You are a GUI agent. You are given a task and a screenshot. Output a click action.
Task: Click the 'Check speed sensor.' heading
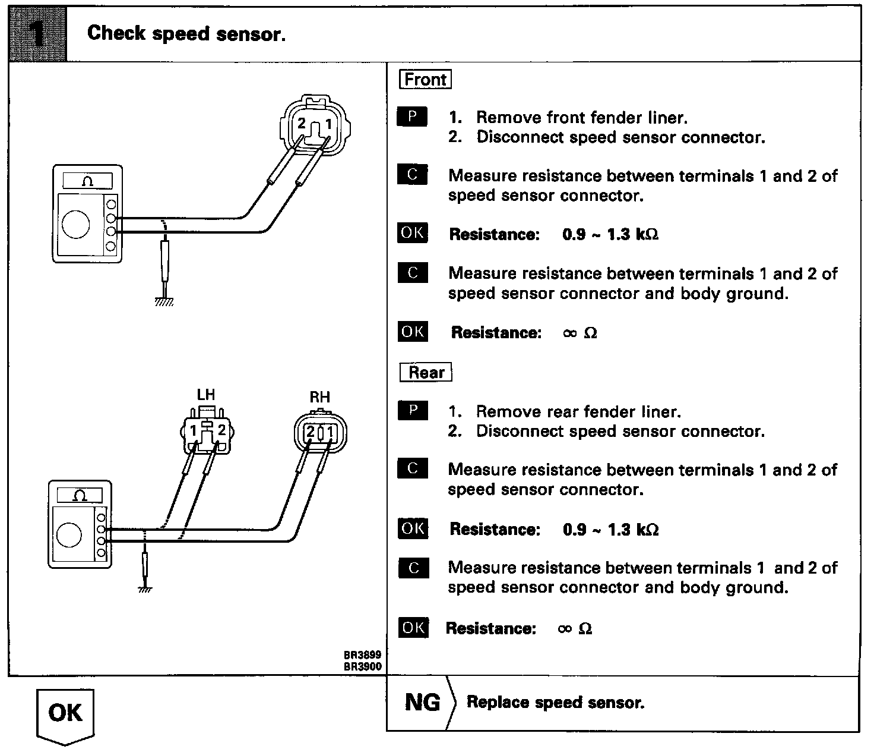pos(186,33)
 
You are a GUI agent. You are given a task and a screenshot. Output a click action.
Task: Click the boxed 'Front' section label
pos(425,80)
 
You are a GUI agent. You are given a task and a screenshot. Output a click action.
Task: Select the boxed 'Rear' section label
pos(426,373)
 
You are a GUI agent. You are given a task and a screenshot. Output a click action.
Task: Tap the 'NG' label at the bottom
pos(422,703)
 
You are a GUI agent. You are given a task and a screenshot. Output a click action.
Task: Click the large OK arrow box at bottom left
pos(65,713)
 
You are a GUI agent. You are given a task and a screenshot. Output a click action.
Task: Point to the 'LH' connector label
pos(205,395)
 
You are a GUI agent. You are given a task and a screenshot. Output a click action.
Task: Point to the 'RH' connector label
pos(320,397)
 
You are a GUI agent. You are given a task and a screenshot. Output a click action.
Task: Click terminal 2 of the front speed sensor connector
pos(302,124)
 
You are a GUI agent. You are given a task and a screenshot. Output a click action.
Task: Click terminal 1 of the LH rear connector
pos(194,430)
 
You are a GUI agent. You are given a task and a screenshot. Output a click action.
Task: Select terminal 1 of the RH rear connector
pos(330,432)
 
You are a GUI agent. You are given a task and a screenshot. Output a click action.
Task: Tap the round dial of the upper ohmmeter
pos(76,224)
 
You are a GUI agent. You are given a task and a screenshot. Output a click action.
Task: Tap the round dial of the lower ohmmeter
pos(69,534)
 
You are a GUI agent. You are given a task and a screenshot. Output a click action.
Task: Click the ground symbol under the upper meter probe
pos(164,301)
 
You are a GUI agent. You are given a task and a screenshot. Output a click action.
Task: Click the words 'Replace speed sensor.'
pos(555,703)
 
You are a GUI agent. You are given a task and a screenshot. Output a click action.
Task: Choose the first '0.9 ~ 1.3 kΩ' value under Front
pos(610,234)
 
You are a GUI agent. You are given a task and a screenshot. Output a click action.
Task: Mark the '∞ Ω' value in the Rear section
pos(575,628)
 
